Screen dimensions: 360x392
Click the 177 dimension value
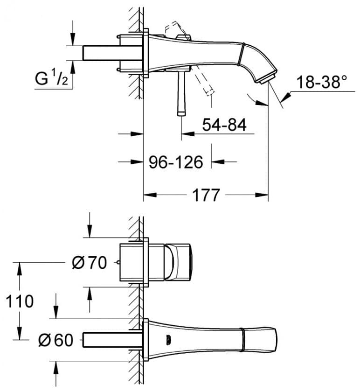click(x=206, y=195)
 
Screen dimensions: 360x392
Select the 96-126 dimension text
click(x=176, y=162)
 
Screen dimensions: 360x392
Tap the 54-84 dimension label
click(x=224, y=125)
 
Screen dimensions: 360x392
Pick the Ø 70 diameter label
click(x=89, y=263)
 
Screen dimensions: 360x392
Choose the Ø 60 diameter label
click(x=56, y=340)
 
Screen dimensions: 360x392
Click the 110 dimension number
click(x=20, y=301)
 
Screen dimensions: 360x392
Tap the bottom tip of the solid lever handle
click(x=181, y=115)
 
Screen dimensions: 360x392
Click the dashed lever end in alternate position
click(x=210, y=92)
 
